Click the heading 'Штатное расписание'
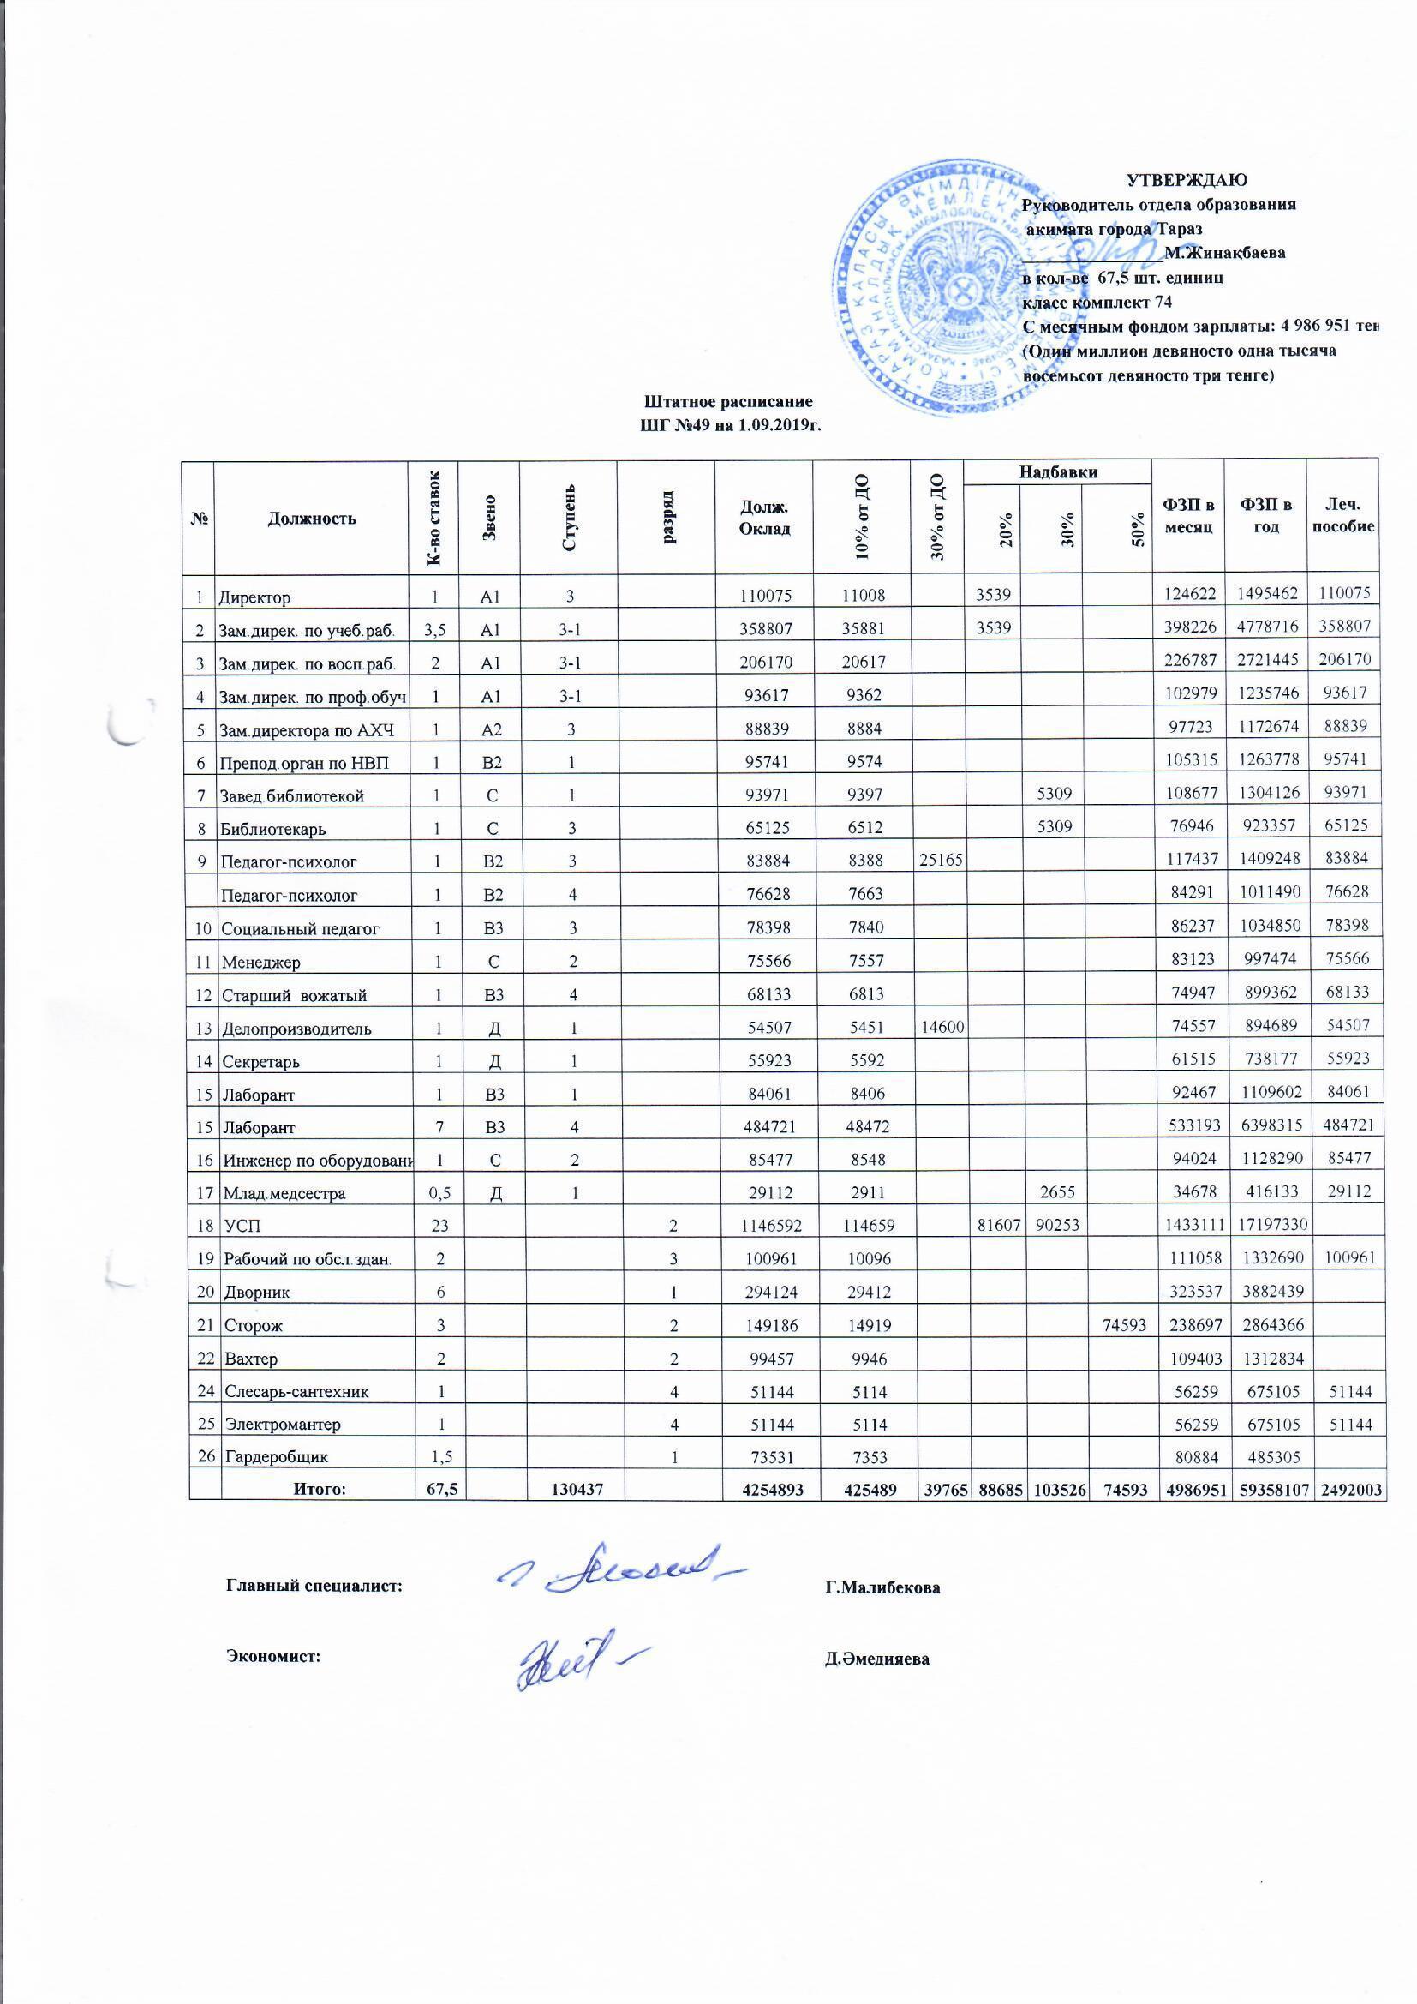click(x=728, y=402)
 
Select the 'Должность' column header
click(x=312, y=519)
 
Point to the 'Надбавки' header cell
click(x=1057, y=472)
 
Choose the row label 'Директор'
click(x=254, y=598)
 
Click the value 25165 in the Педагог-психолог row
click(x=938, y=861)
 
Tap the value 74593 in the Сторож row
click(x=1125, y=1325)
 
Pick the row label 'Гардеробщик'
click(x=278, y=1457)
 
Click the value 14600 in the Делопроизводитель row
click(x=938, y=1029)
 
